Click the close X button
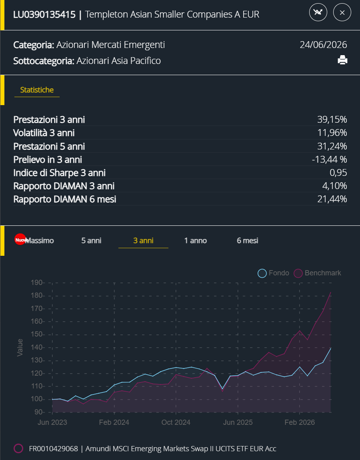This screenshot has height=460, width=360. [342, 12]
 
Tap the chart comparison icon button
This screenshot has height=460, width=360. [318, 12]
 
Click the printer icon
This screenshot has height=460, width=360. [342, 60]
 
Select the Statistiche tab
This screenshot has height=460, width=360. [37, 90]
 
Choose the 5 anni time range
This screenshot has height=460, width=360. [91, 241]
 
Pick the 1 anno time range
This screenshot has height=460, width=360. [196, 241]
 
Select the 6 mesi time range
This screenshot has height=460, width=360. [248, 241]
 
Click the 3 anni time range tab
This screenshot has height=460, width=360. [143, 241]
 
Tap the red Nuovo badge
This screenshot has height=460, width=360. [20, 239]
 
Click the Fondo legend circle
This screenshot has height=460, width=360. [262, 273]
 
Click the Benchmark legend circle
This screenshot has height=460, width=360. [298, 273]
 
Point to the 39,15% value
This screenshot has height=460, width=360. [332, 119]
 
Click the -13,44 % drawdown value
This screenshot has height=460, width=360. [330, 159]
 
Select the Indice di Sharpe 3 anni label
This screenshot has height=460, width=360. [59, 173]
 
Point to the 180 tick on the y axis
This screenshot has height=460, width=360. [36, 295]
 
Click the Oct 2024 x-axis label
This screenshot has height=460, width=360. [176, 422]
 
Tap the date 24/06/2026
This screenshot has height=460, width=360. [323, 45]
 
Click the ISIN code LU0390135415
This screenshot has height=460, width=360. [44, 14]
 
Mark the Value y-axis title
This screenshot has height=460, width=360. [20, 347]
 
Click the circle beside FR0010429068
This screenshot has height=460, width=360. [18, 448]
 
